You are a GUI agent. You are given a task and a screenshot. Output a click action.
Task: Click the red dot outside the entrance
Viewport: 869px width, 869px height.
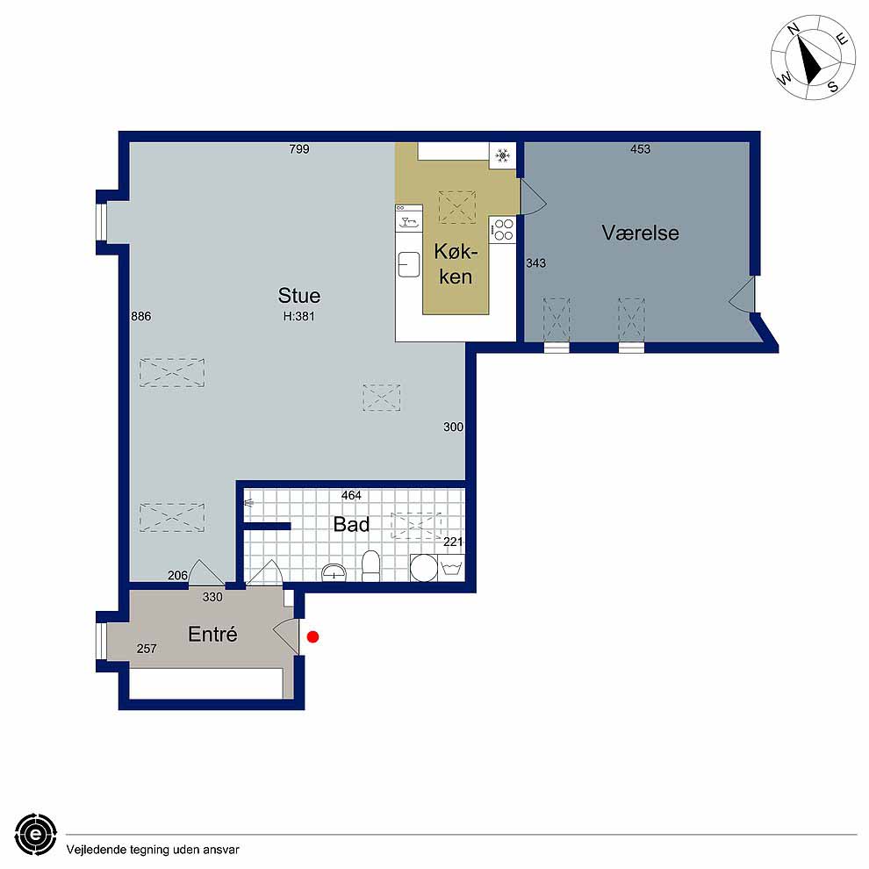pos(312,637)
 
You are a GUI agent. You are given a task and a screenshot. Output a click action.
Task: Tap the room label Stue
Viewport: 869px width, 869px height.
pos(299,296)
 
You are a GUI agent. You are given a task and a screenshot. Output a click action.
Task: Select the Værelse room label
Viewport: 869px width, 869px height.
pos(640,233)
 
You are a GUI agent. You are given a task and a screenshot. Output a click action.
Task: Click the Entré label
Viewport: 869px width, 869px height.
pos(212,634)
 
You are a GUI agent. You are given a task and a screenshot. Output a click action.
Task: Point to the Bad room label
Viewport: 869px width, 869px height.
pos(351,524)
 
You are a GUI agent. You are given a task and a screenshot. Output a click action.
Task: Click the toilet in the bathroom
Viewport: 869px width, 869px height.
pos(370,566)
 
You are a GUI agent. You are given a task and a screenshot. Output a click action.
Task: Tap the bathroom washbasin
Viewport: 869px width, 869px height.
pos(334,572)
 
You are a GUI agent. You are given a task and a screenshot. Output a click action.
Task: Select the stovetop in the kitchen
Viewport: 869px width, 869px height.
pos(503,229)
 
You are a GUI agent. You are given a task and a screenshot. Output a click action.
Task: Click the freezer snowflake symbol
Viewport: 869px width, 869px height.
pos(502,155)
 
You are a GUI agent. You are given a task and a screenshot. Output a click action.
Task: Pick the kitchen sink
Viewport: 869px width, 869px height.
pos(408,264)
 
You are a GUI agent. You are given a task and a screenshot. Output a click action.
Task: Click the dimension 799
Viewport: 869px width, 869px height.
pos(299,149)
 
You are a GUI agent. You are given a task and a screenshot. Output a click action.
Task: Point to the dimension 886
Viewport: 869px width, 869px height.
pos(140,316)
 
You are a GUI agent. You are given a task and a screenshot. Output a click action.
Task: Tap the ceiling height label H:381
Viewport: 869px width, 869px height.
pos(298,317)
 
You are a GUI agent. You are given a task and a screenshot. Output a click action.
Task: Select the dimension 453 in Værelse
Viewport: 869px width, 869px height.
pos(640,149)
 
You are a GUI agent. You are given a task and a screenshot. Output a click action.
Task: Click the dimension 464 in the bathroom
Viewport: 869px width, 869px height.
pos(351,495)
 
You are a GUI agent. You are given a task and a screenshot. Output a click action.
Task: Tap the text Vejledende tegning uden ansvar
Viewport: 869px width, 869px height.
pos(153,850)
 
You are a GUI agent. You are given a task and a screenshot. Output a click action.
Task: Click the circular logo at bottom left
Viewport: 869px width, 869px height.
pos(36,835)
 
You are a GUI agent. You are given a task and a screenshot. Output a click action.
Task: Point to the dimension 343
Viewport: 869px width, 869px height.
pos(536,263)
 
